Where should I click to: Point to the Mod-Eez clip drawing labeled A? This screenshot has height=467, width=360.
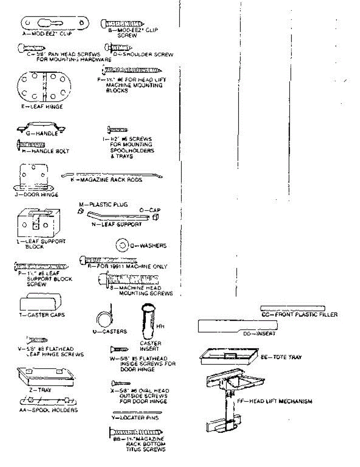point(53,24)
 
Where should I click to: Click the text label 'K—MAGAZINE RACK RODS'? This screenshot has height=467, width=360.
point(106,180)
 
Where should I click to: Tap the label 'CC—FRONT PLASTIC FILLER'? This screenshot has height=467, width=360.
point(299,314)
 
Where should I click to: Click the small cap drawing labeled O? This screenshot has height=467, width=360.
point(155,217)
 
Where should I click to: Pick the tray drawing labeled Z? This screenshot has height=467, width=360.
point(45,375)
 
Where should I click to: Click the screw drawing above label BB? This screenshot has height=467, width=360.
point(136,431)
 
